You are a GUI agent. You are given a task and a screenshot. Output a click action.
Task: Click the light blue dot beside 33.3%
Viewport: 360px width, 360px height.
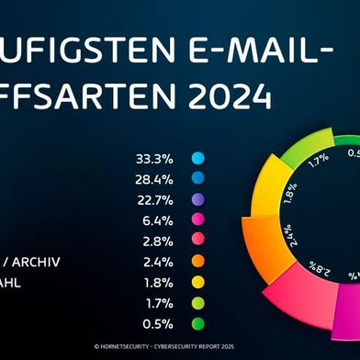point(197,158)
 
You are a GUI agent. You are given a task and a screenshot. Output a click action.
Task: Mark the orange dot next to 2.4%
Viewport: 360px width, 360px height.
point(197,263)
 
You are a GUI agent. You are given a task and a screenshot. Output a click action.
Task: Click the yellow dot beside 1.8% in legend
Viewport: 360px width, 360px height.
point(197,284)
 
